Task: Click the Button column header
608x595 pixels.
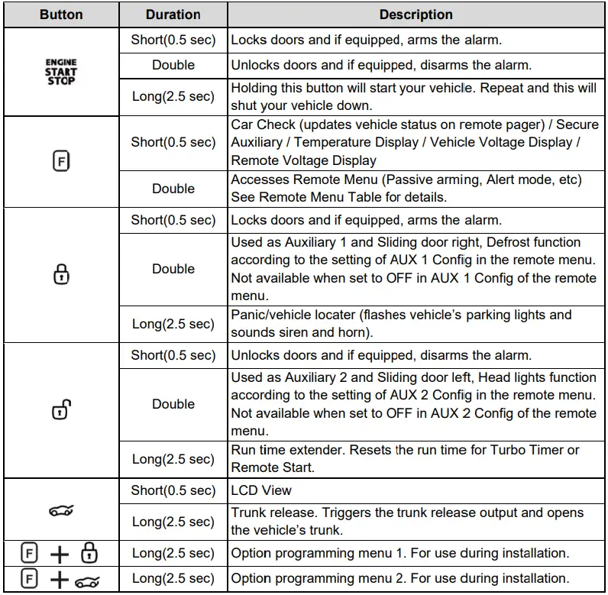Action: (x=61, y=15)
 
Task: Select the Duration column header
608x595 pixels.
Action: (x=173, y=15)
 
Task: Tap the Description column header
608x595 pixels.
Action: (x=416, y=15)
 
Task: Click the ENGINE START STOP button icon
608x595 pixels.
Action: (x=61, y=72)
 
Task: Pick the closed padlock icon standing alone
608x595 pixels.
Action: (x=61, y=274)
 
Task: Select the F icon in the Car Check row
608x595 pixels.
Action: (x=61, y=161)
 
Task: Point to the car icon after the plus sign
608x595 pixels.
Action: (x=88, y=580)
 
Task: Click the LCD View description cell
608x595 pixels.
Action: (x=261, y=490)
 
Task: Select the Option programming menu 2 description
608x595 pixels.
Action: (x=399, y=578)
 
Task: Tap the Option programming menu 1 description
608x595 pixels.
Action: (x=399, y=553)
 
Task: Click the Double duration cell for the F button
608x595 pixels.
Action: (x=173, y=189)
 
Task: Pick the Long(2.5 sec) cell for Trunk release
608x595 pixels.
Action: (x=173, y=522)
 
